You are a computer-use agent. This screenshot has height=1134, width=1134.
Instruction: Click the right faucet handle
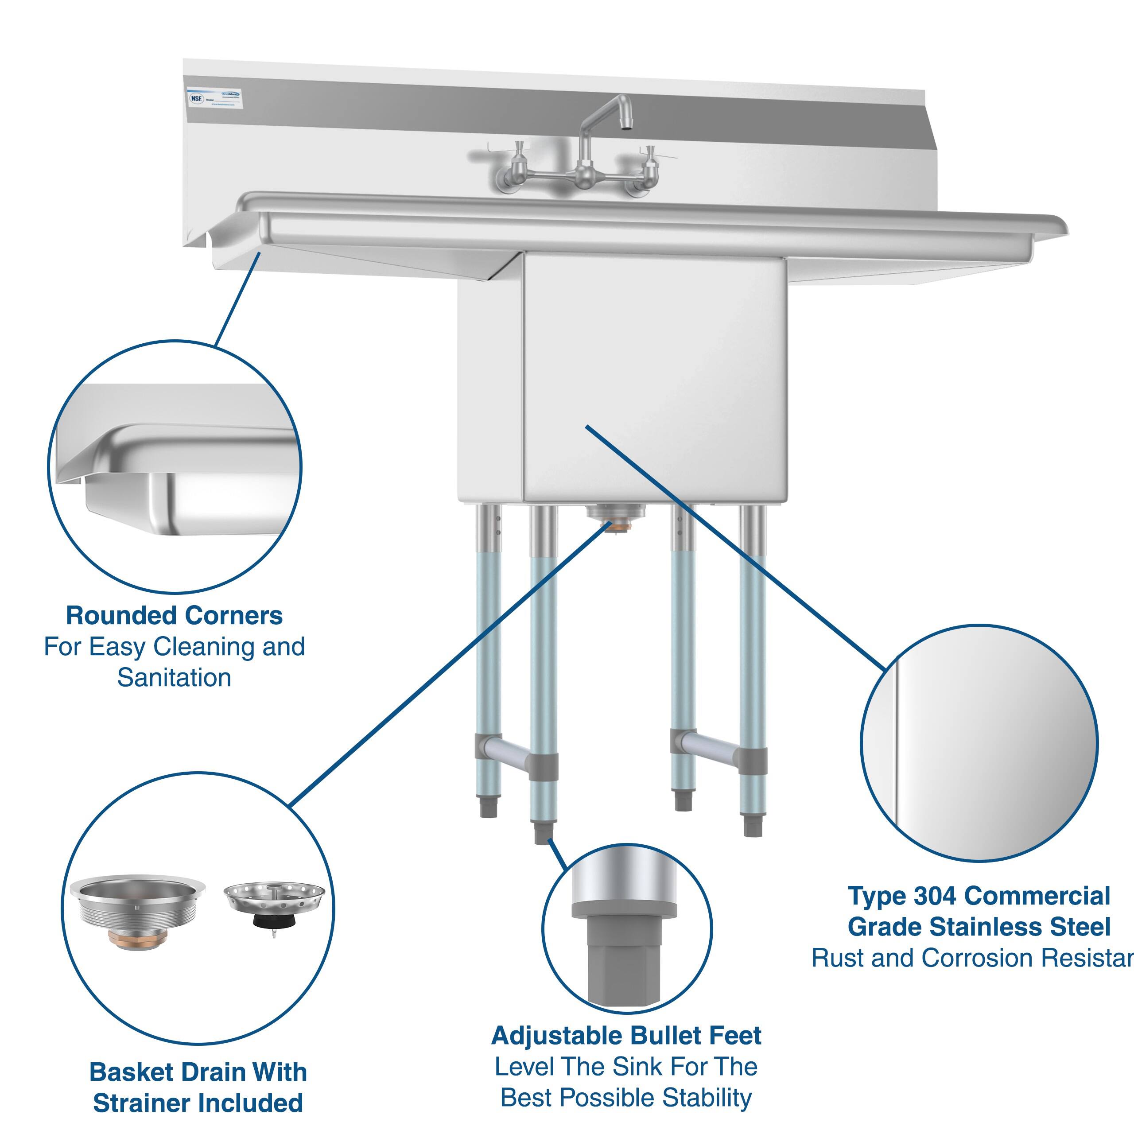click(x=650, y=157)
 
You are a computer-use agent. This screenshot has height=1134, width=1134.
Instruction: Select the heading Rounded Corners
click(x=175, y=616)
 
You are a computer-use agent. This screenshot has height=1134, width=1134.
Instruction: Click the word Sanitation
click(x=175, y=678)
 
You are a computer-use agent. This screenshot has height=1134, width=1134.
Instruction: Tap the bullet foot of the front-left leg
click(x=542, y=832)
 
